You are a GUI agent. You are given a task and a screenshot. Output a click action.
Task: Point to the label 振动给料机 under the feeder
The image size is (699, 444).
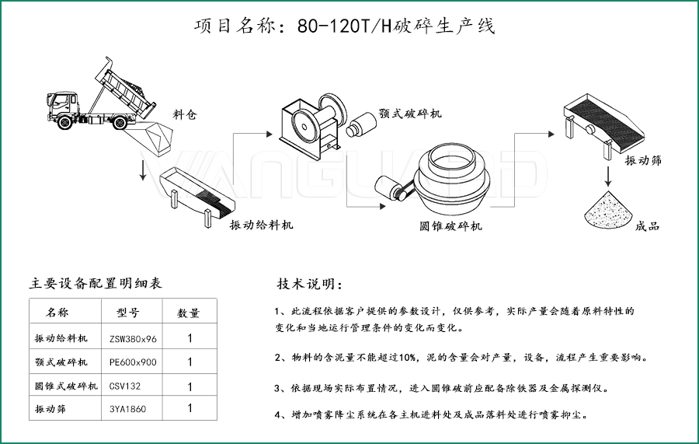pos(261,225)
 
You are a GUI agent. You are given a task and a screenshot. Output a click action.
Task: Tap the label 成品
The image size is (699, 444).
pos(647,226)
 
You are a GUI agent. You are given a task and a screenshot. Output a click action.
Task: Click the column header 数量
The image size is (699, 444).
pos(189,313)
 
